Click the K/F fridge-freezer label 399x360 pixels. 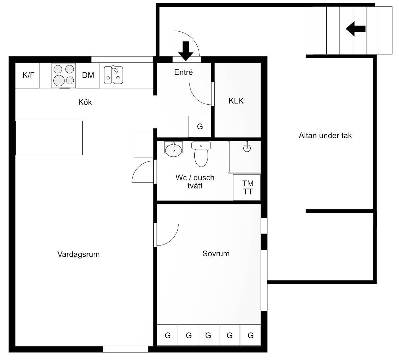(28, 75)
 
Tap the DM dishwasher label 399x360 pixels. (88, 75)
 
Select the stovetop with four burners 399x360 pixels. (63, 76)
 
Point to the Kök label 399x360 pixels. (85, 102)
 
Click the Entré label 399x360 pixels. (184, 72)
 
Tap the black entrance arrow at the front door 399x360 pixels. (186, 51)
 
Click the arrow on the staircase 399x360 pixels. (356, 29)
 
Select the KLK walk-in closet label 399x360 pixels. (236, 101)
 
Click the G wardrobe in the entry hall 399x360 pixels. (200, 127)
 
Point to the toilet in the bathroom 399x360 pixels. (201, 154)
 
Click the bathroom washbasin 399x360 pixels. (173, 149)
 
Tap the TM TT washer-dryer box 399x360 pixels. (247, 187)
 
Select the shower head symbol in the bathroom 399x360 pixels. (247, 147)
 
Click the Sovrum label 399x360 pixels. (216, 253)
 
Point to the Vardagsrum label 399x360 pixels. (79, 254)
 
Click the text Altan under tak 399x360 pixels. (325, 136)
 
